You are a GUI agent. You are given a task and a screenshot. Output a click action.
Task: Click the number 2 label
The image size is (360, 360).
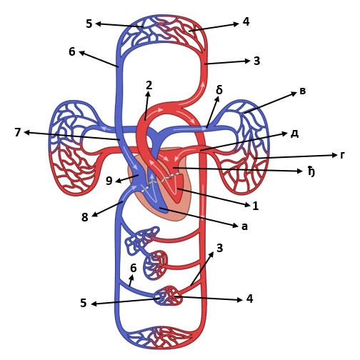(x=149, y=85)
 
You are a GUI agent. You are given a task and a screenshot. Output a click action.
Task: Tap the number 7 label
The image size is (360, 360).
(x=18, y=132)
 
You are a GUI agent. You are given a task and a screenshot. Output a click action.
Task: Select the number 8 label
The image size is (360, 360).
(x=85, y=217)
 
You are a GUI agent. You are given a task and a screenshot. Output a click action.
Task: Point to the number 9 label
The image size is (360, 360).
(x=109, y=181)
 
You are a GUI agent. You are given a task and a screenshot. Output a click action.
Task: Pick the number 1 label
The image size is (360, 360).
(x=256, y=206)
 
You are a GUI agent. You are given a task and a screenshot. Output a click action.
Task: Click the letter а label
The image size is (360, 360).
(x=245, y=226)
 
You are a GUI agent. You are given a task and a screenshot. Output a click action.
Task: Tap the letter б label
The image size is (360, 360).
(x=219, y=90)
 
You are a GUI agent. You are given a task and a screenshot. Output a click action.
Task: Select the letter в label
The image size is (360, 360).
(x=302, y=91)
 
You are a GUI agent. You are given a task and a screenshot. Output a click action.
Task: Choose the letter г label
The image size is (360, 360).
(x=342, y=155)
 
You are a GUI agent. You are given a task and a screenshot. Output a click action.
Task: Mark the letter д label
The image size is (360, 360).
(x=295, y=134)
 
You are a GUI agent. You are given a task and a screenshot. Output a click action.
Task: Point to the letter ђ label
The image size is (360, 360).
(x=311, y=171)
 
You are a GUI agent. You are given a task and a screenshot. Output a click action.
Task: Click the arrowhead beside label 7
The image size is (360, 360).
(x=27, y=133)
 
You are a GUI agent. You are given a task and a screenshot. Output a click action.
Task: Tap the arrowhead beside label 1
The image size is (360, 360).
(x=248, y=204)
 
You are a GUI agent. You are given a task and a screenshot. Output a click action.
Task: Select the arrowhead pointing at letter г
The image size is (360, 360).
(x=335, y=155)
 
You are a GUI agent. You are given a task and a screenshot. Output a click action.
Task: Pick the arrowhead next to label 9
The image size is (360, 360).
(x=118, y=181)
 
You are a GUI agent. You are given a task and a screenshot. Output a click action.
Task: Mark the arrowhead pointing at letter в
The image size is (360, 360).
(x=294, y=94)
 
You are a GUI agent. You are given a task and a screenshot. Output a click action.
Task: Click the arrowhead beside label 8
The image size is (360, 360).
(x=95, y=214)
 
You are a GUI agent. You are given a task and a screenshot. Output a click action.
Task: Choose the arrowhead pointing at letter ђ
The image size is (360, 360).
(x=300, y=171)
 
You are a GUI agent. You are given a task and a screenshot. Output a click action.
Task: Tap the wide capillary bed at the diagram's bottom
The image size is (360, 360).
(x=160, y=338)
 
